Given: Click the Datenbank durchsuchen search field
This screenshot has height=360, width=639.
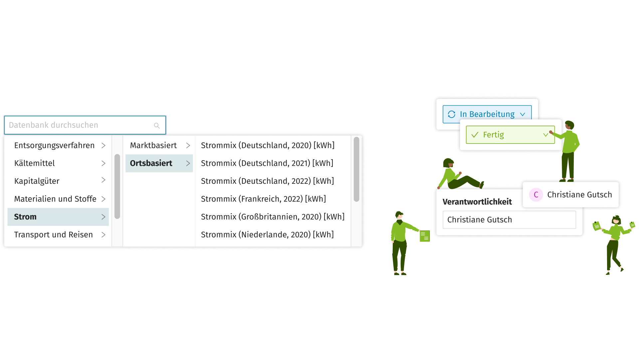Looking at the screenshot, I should [80, 125].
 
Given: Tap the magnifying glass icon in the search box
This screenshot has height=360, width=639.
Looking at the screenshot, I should [157, 126].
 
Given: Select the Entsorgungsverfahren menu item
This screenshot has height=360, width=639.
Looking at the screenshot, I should [55, 146].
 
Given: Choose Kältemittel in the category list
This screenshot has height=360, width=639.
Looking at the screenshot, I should [35, 163].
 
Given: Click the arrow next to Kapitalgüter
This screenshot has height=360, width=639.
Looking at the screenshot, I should [104, 180].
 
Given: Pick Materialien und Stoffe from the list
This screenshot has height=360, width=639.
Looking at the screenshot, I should [55, 199].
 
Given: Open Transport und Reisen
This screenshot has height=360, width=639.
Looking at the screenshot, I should [54, 234].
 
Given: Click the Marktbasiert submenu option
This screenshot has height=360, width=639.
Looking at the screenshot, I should [153, 146].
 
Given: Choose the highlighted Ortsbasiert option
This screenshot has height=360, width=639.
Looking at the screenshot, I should [151, 163].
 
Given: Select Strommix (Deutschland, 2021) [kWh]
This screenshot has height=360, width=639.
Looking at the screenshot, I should [267, 163].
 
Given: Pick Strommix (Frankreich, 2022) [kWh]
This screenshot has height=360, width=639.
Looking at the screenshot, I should [263, 199].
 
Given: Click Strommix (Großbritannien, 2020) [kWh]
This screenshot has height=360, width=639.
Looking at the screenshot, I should [273, 217].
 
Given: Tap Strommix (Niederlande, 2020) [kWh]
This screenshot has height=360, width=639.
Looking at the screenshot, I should [267, 234].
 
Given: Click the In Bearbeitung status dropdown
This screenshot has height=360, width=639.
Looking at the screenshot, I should [487, 114].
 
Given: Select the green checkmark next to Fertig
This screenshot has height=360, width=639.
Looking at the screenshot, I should [475, 135].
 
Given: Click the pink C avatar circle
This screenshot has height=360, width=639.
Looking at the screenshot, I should [536, 195].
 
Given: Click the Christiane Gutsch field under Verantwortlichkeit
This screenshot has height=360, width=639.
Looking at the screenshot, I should [509, 220].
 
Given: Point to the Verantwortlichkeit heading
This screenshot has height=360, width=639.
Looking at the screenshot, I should [477, 202].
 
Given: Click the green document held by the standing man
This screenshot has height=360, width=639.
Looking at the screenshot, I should [424, 236].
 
